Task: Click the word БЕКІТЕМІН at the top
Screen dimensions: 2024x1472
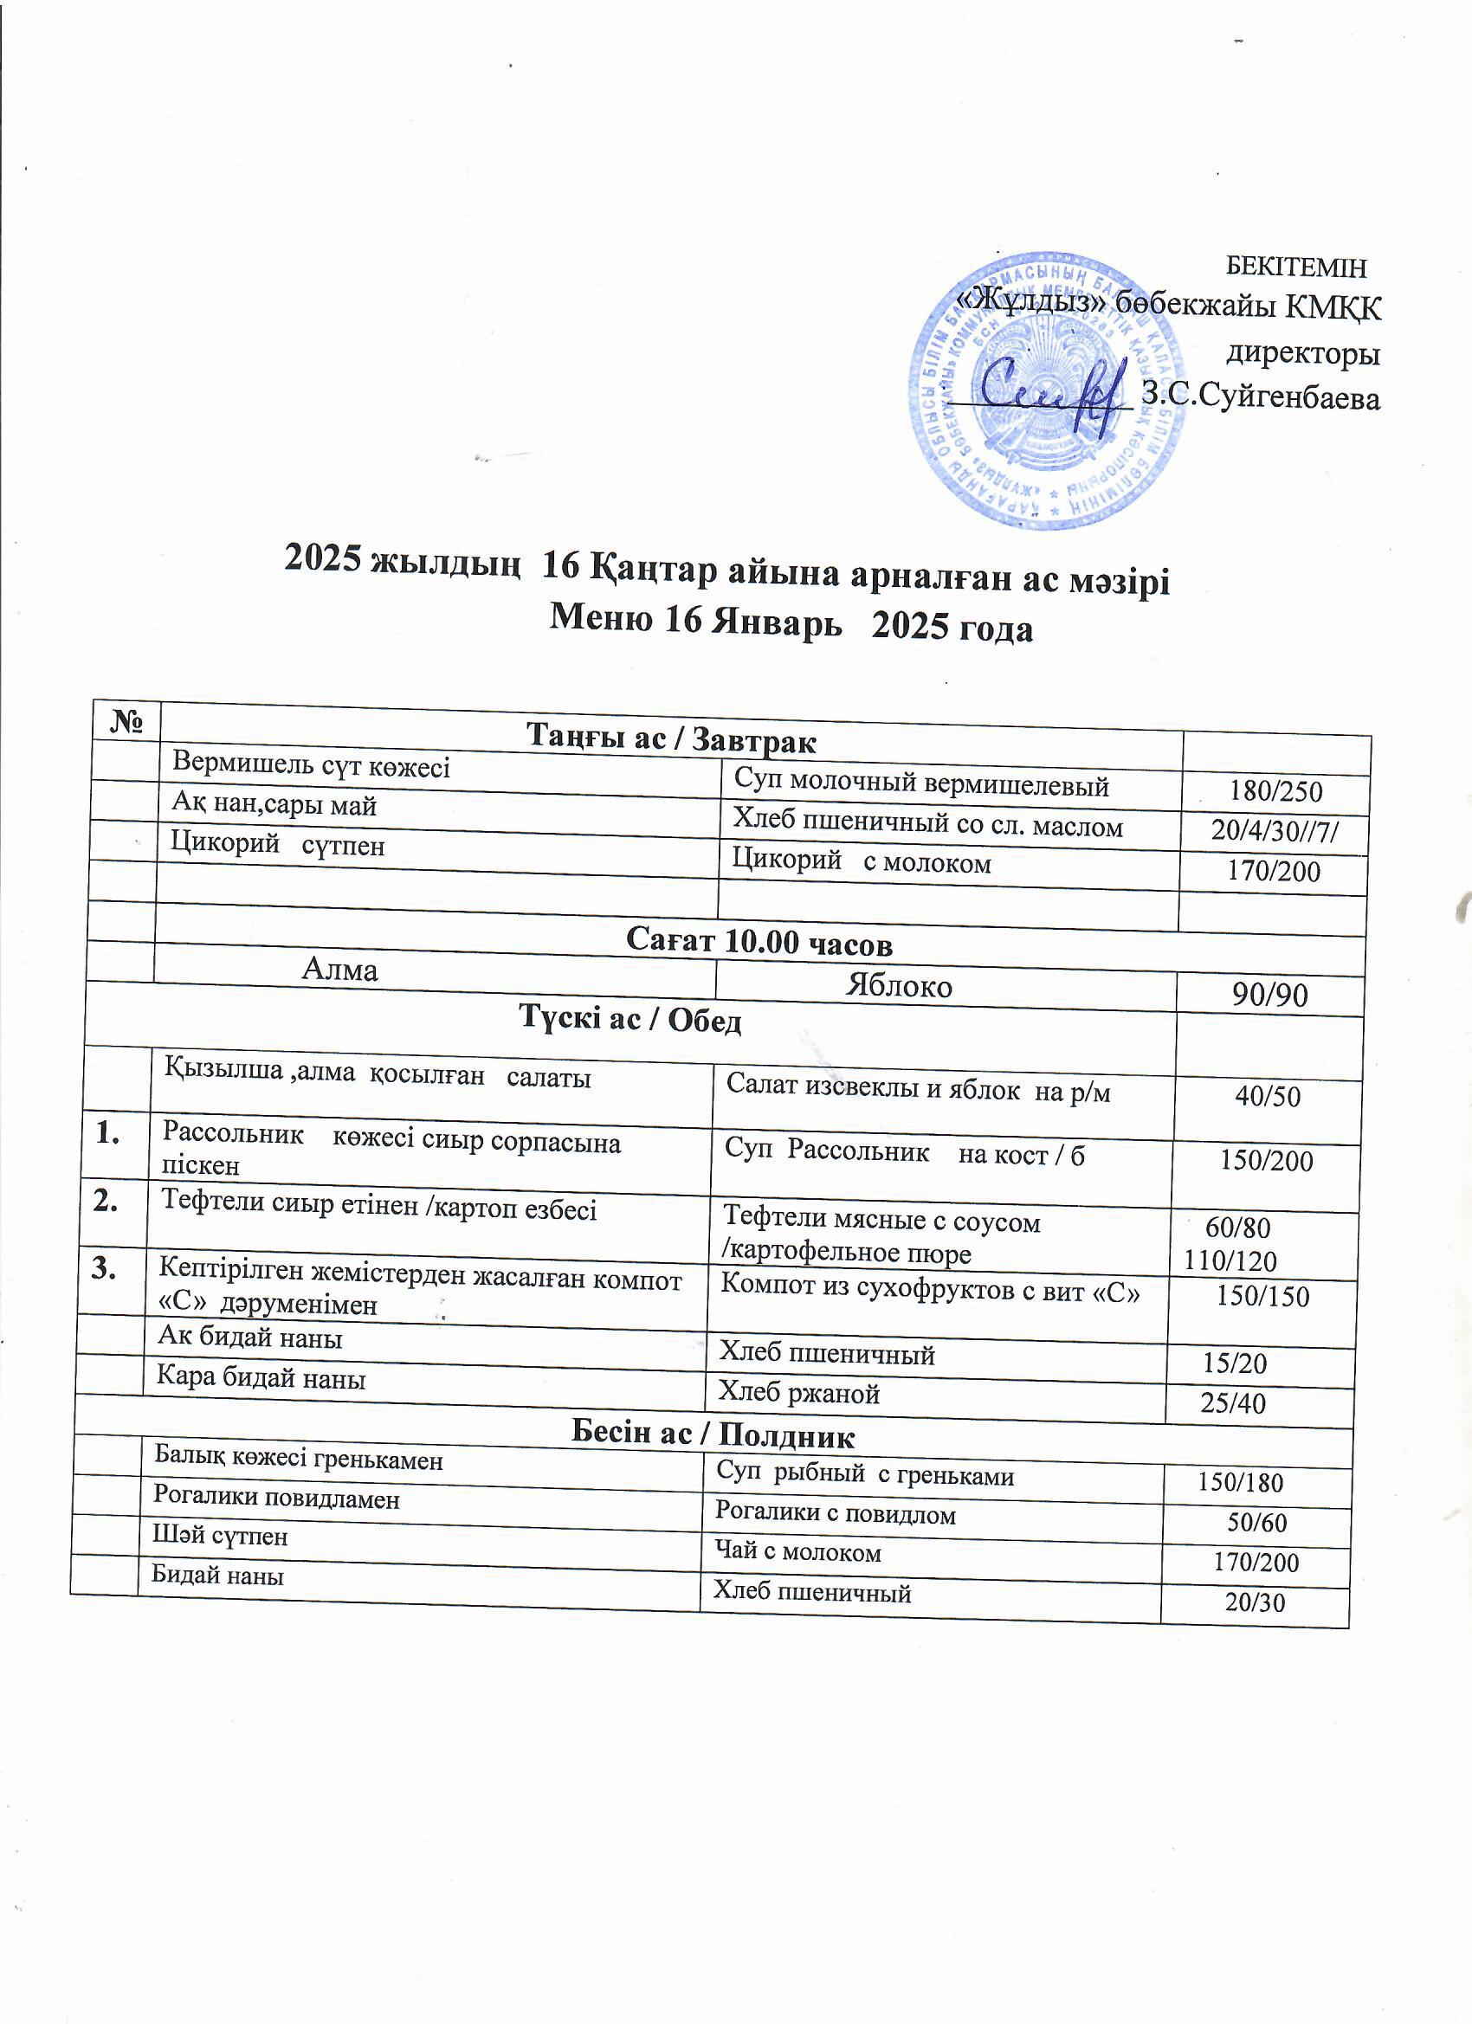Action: (1296, 266)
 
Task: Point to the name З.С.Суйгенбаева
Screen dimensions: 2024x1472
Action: (1262, 397)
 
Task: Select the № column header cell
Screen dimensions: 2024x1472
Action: (126, 721)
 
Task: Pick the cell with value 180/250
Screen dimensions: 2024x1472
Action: (1275, 791)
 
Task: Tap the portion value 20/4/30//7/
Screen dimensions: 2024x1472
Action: (1275, 831)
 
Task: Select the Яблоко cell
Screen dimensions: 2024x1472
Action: (898, 985)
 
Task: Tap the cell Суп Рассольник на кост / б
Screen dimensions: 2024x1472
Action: (904, 1155)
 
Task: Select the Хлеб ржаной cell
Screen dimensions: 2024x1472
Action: (799, 1393)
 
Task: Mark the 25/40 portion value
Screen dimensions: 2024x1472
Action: (1233, 1403)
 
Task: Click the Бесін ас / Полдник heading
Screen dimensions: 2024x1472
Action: (713, 1436)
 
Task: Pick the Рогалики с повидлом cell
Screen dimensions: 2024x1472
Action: (835, 1513)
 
